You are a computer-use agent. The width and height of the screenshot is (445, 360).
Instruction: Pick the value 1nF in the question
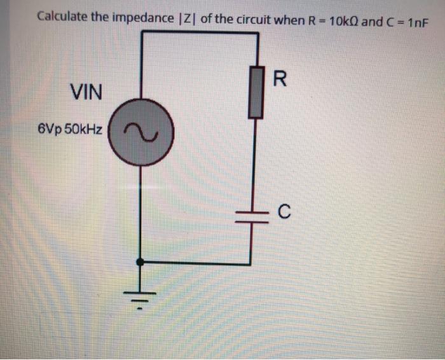click(416, 19)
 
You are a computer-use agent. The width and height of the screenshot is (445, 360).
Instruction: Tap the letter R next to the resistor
click(280, 80)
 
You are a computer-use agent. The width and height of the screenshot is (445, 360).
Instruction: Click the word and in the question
click(373, 18)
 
